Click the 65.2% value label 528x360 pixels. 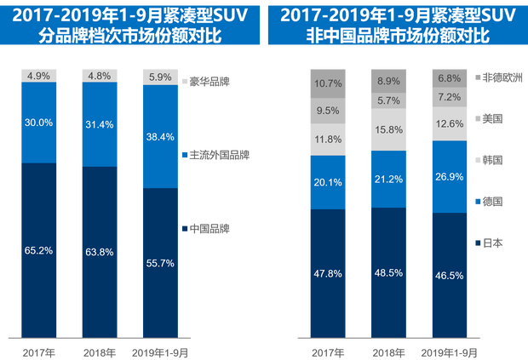[x=39, y=251]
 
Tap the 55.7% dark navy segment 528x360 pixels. [x=160, y=264]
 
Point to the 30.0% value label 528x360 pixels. [x=39, y=123]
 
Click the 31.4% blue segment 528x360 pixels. [x=100, y=124]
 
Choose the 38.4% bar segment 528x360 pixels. [x=160, y=136]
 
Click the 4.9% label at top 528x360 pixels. [x=39, y=75]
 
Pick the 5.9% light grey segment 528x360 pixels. [x=160, y=77]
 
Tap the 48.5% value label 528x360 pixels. [x=388, y=273]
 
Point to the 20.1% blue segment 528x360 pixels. [x=328, y=182]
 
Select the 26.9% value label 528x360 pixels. [x=449, y=177]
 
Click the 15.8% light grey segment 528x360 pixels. [x=388, y=129]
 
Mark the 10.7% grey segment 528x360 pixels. [x=328, y=83]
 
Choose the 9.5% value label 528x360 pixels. [x=328, y=110]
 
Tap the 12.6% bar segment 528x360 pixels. [x=449, y=123]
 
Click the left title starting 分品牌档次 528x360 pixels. [x=128, y=36]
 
